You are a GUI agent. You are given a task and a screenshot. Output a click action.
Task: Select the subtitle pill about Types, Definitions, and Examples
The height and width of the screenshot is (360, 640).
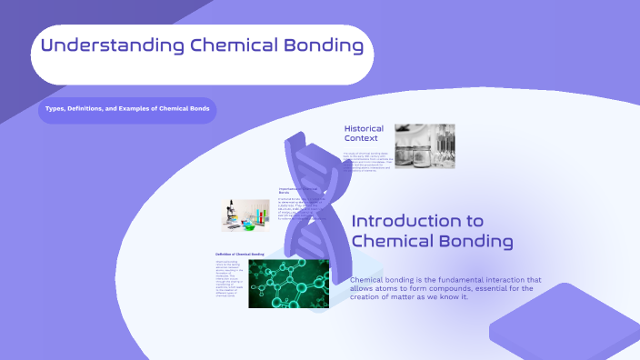coord(127,109)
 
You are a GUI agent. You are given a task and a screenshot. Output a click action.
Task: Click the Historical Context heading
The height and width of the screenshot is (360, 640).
coord(364,134)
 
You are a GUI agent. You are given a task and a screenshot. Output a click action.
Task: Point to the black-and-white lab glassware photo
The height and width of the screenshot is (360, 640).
coord(425,146)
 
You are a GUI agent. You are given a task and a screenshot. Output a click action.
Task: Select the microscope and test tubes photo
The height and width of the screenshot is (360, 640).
coord(245,215)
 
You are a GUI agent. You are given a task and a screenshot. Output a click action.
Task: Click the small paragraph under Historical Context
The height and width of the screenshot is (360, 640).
coord(367,163)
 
